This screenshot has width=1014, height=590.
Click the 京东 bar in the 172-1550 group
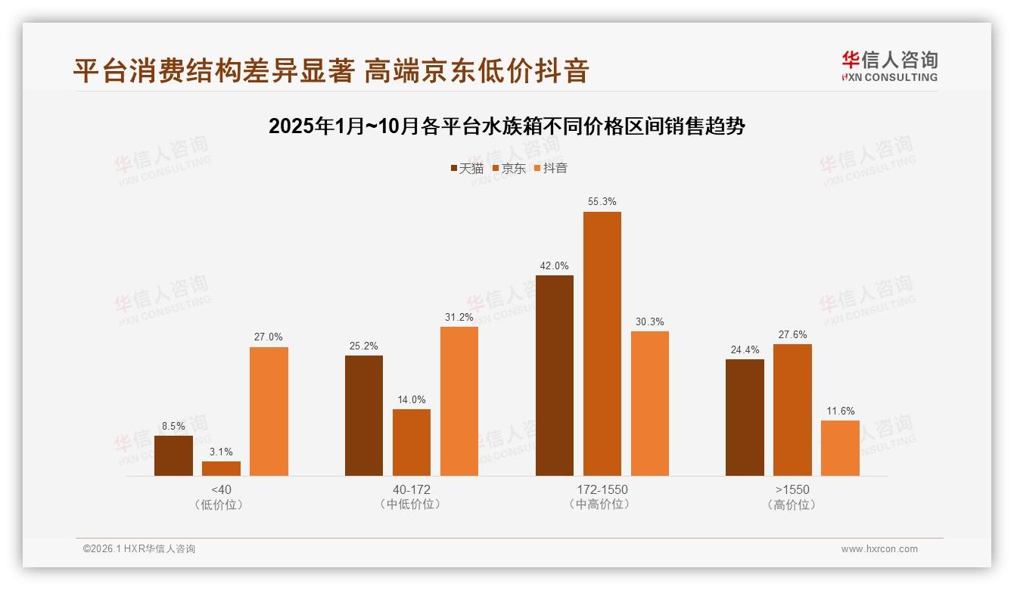click(x=602, y=343)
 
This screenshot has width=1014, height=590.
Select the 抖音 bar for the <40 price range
click(x=269, y=411)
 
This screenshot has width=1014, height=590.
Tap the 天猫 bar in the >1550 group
click(x=745, y=418)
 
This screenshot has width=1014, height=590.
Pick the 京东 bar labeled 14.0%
click(x=412, y=442)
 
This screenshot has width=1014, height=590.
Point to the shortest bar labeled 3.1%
click(x=221, y=468)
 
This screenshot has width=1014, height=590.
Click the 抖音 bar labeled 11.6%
click(x=840, y=448)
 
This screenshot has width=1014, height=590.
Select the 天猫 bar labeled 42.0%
click(x=554, y=375)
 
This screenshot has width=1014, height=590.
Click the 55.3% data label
click(x=602, y=202)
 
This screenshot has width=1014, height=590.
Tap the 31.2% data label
click(x=459, y=317)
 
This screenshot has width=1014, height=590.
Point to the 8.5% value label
click(x=173, y=426)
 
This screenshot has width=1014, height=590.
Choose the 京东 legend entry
click(x=509, y=168)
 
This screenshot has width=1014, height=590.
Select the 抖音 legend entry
click(x=550, y=168)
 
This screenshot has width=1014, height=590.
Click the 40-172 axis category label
click(x=412, y=489)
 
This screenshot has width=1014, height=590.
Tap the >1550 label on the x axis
click(x=792, y=489)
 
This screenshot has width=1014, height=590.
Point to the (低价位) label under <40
click(x=221, y=505)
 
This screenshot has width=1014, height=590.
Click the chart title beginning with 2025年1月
click(x=506, y=126)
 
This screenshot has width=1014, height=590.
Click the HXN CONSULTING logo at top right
click(x=889, y=66)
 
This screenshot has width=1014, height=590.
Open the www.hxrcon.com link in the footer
click(x=879, y=549)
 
